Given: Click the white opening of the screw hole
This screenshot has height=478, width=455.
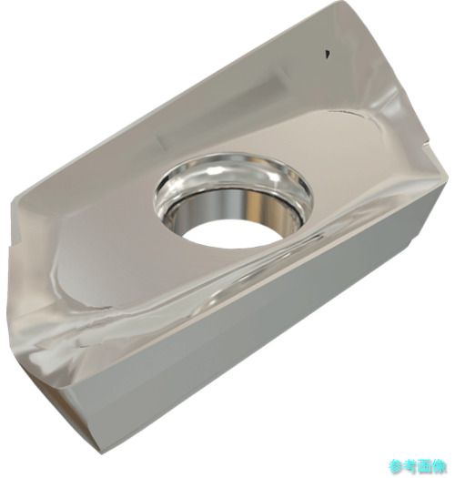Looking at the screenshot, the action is (232, 234).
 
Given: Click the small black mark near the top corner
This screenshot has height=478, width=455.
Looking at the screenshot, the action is (328, 54).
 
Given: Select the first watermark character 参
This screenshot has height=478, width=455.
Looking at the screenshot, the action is (396, 466).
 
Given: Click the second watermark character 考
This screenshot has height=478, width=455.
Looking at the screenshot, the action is (410, 466).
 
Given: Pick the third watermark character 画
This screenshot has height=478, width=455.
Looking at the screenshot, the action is (425, 466).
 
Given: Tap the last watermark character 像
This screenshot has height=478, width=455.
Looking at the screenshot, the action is (440, 466).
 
